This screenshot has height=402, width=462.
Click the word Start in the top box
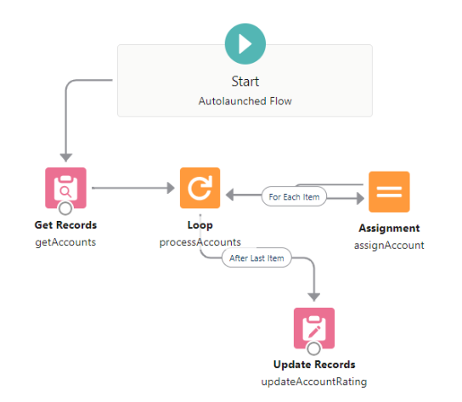click(x=245, y=82)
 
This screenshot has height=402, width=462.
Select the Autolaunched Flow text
click(x=245, y=99)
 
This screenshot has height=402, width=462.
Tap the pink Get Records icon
click(x=65, y=188)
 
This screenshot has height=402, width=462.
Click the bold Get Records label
click(x=65, y=225)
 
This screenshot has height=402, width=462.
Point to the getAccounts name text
click(x=65, y=241)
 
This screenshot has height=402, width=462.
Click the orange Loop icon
click(x=200, y=188)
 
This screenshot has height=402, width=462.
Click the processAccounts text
click(x=200, y=242)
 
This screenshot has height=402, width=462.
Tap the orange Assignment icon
click(x=389, y=191)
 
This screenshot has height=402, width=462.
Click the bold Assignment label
click(x=389, y=229)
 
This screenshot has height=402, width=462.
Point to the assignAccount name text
click(x=389, y=245)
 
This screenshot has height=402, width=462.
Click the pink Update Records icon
click(x=313, y=327)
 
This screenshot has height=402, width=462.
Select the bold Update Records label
click(x=314, y=365)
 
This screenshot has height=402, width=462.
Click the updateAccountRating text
click(x=314, y=381)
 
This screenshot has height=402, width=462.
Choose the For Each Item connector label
click(x=294, y=197)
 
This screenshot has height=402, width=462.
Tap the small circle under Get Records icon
click(x=65, y=210)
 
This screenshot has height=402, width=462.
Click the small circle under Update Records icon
click(x=313, y=348)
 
